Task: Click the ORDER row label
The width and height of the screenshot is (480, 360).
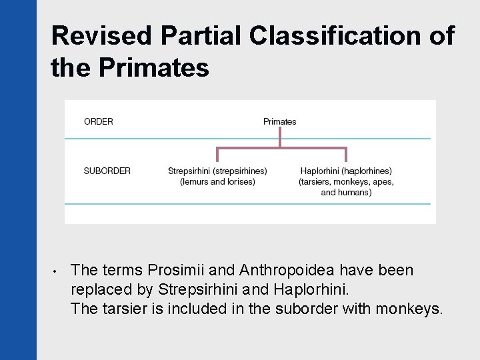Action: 99,121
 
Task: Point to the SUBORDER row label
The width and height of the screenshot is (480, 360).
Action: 107,171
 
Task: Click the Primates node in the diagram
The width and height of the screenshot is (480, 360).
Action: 279,121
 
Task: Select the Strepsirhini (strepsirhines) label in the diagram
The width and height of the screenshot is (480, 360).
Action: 217,171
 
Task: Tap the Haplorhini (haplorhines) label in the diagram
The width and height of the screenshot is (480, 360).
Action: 346,171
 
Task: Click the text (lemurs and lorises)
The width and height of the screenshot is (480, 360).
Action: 217,181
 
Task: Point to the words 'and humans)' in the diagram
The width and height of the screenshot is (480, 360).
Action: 346,192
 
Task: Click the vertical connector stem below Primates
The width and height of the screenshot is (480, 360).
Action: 280,136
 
